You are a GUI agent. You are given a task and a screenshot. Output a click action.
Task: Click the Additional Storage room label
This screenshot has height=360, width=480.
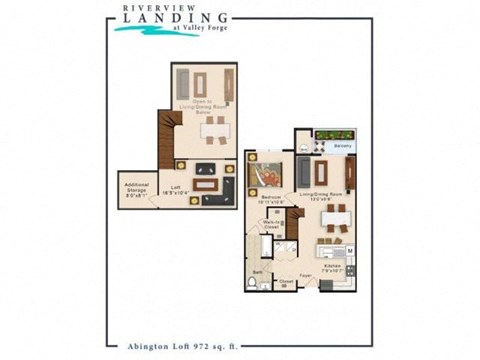pyautogui.click(x=136, y=190)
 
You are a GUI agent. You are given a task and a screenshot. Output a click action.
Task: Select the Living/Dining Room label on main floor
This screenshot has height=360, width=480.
pyautogui.click(x=320, y=198)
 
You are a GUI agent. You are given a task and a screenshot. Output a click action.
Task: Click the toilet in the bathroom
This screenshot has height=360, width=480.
pyautogui.click(x=251, y=284)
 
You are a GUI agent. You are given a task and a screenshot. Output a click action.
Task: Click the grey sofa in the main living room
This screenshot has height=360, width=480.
pyautogui.click(x=302, y=170)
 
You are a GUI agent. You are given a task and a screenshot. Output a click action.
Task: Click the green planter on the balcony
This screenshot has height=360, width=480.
pyautogui.click(x=335, y=135)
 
